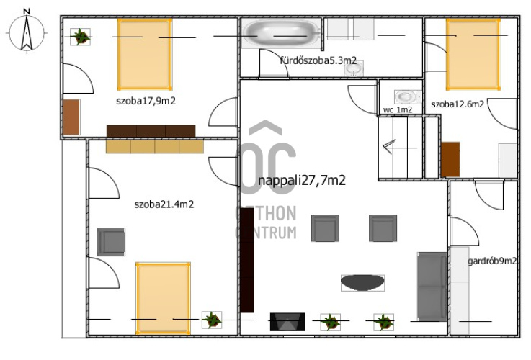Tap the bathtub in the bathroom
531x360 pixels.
[x=281, y=33]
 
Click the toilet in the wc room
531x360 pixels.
[x=407, y=97]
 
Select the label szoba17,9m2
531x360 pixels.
[x=146, y=101]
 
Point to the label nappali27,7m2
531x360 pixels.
[x=302, y=180]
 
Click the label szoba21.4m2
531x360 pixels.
[x=164, y=204]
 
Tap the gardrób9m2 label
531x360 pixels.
[x=492, y=261]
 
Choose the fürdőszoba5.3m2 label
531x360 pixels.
[x=318, y=60]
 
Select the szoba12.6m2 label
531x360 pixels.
[x=458, y=104]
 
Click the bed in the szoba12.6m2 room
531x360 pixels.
[x=473, y=55]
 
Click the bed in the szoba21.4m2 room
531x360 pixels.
[x=164, y=298]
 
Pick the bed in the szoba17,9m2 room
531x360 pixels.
[x=145, y=55]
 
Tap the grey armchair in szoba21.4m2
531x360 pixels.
[x=112, y=242]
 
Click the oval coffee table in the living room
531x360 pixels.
[x=362, y=282]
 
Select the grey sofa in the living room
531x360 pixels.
[x=432, y=287]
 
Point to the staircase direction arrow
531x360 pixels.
[x=400, y=148]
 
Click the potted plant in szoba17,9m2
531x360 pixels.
[x=80, y=37]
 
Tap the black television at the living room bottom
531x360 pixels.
[x=287, y=322]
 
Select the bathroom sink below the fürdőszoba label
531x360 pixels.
[x=354, y=68]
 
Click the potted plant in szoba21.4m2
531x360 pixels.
[x=212, y=320]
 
